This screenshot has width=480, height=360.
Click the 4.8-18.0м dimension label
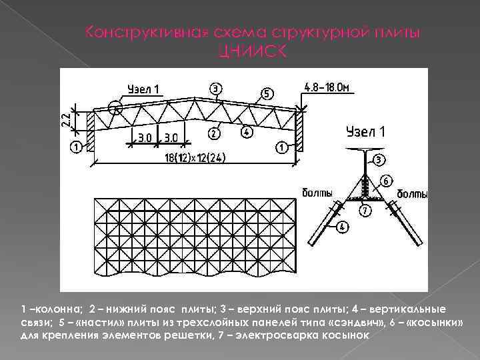pyautogui.click(x=327, y=87)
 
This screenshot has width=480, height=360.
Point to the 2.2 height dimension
pyautogui.click(x=65, y=119)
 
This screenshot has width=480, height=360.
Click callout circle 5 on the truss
pyautogui.click(x=266, y=94)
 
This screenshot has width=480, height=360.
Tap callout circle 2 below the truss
pyautogui.click(x=213, y=133)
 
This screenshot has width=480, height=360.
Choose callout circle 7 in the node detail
pyautogui.click(x=364, y=211)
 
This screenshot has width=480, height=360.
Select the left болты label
pyautogui.click(x=317, y=193)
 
